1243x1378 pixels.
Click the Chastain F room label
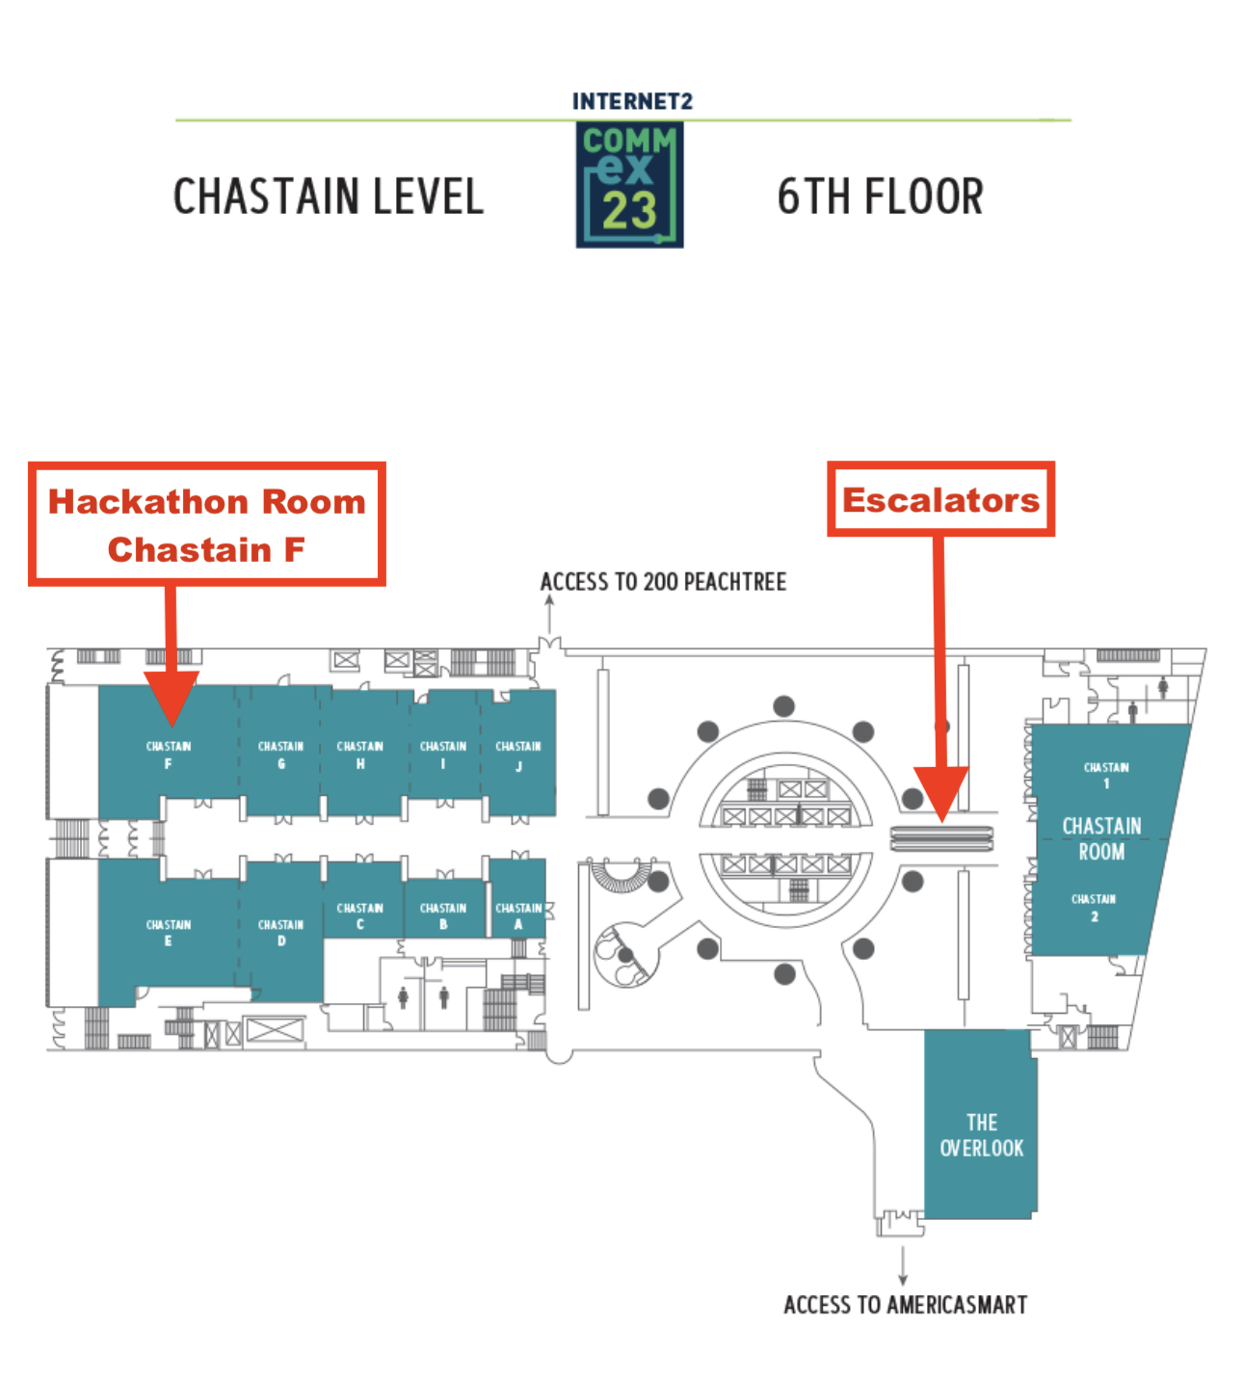click(x=169, y=755)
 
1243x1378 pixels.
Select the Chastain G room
click(x=281, y=753)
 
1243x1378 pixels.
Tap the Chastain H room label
click(x=360, y=755)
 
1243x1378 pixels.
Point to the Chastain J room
click(x=518, y=753)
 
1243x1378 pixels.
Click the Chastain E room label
click(x=169, y=932)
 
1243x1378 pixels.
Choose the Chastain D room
click(x=281, y=931)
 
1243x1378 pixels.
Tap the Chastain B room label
click(x=443, y=915)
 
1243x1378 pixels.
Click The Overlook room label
click(x=981, y=1135)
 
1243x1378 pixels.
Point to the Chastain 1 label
click(x=1105, y=774)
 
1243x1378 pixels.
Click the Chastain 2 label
click(x=1094, y=907)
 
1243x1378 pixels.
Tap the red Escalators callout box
click(x=940, y=499)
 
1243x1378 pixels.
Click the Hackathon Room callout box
click(x=207, y=524)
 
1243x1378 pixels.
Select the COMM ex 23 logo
click(x=629, y=184)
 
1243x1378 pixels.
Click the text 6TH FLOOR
click(x=880, y=197)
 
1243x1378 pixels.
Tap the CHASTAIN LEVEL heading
click(x=329, y=197)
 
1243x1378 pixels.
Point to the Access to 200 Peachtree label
click(x=663, y=582)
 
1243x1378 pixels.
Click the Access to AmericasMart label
click(x=906, y=1305)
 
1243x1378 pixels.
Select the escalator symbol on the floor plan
click(x=941, y=838)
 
